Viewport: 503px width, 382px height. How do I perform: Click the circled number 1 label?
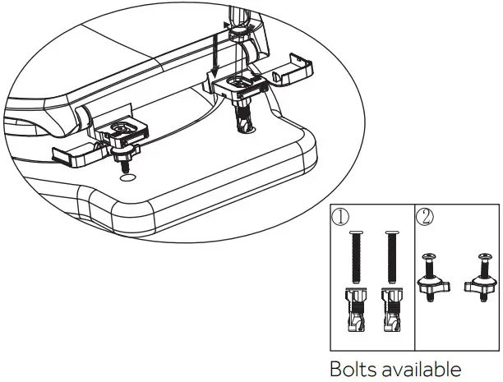[x=340, y=218]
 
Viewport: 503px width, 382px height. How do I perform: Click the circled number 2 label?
[x=426, y=218]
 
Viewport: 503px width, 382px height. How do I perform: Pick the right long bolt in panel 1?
[x=390, y=259]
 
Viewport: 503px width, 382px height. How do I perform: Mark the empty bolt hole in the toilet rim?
[x=126, y=176]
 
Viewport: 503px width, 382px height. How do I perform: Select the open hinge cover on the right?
[x=293, y=72]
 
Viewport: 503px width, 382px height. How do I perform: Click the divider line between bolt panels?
[x=414, y=279]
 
